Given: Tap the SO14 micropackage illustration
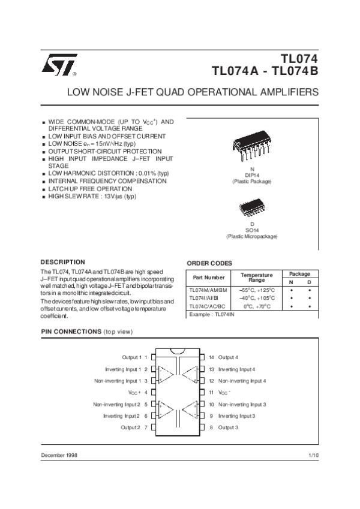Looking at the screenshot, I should click(x=251, y=207).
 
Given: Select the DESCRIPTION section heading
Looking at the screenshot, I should click(x=62, y=262).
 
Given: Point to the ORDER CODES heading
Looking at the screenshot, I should click(x=210, y=263).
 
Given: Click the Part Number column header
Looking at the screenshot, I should click(x=209, y=278).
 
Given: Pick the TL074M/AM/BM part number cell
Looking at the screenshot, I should click(x=208, y=290).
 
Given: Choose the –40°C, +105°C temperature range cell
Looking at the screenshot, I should click(x=256, y=298).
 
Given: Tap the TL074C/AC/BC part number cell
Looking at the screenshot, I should click(x=208, y=306).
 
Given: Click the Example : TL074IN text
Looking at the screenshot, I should click(x=211, y=315).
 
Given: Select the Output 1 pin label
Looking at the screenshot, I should click(x=131, y=357).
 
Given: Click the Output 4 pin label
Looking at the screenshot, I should click(x=228, y=357).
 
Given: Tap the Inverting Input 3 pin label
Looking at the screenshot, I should click(x=236, y=415).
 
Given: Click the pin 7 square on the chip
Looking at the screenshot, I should click(x=154, y=427).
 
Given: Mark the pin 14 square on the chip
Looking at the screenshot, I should click(x=204, y=357).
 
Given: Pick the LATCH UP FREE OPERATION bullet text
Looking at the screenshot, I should click(x=90, y=189).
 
